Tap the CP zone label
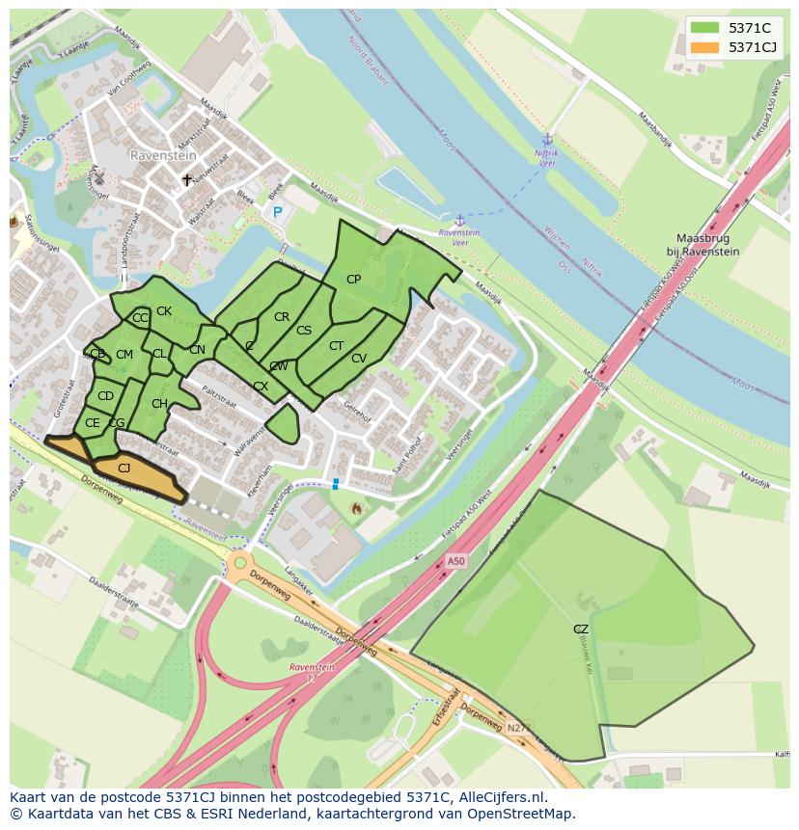pyautogui.click(x=353, y=280)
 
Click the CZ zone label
pyautogui.click(x=580, y=629)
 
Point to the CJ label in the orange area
pyautogui.click(x=124, y=469)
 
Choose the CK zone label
pyautogui.click(x=164, y=311)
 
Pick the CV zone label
pyautogui.click(x=359, y=359)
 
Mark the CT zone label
pyautogui.click(x=336, y=346)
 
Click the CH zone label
pyautogui.click(x=159, y=404)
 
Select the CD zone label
pyautogui.click(x=105, y=396)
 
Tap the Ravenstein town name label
pyautogui.click(x=163, y=154)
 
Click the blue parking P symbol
pyautogui.click(x=278, y=212)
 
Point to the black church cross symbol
pyautogui.click(x=187, y=180)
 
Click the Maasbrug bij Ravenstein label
pyautogui.click(x=715, y=244)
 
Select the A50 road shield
pyautogui.click(x=456, y=561)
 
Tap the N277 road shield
pyautogui.click(x=517, y=728)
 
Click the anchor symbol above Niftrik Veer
pyautogui.click(x=547, y=140)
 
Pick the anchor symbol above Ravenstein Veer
pyautogui.click(x=459, y=221)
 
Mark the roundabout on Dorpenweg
pyautogui.click(x=239, y=562)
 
